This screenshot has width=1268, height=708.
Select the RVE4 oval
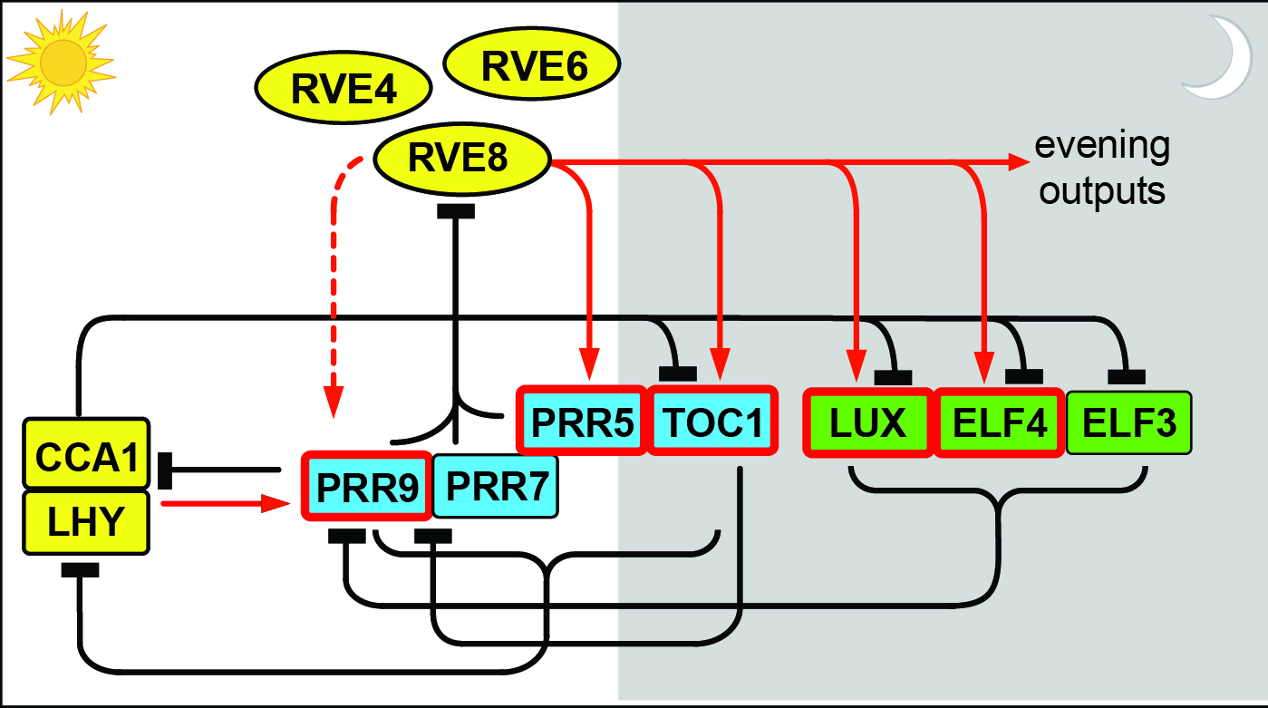point(344,89)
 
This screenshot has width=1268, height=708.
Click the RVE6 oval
point(533,65)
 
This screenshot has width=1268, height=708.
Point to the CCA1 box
point(86,454)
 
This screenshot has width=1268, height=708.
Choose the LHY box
point(86,521)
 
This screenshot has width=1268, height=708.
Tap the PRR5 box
point(582,422)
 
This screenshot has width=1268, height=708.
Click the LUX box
point(868,422)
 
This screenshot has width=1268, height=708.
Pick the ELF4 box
point(999,422)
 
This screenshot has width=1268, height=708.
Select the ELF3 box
point(1128,422)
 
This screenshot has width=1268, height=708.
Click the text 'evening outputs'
point(1103,169)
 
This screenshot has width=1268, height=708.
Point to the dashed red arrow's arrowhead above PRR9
point(334,404)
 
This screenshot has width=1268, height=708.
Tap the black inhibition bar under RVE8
point(456,211)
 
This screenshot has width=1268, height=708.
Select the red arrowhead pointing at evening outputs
point(1021,163)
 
